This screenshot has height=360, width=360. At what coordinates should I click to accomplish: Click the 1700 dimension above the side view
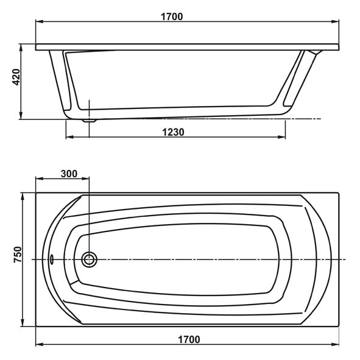172,17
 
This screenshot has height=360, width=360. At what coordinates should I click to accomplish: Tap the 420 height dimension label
16,77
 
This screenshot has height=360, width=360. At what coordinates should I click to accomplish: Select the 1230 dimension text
173,132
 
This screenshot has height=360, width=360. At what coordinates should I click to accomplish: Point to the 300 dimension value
69,174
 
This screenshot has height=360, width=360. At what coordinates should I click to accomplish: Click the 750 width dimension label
18,255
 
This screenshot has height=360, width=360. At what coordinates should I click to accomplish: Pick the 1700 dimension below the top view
189,339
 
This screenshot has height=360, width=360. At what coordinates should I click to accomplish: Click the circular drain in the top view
89,259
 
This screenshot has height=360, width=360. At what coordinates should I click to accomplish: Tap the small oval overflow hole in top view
51,259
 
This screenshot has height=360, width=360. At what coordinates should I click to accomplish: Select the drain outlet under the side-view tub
89,121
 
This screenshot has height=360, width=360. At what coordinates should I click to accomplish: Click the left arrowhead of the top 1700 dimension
40,21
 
